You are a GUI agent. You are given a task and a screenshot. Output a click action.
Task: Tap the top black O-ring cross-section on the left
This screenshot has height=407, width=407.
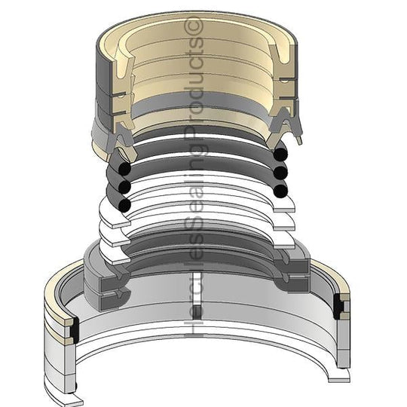click(125, 169)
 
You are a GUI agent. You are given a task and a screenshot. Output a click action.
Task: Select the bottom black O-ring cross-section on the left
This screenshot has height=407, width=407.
click(124, 205)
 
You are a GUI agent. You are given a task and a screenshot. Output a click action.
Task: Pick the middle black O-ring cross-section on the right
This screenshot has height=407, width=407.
click(280, 173)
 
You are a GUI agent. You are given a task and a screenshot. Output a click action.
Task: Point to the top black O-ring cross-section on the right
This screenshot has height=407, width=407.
click(280, 155)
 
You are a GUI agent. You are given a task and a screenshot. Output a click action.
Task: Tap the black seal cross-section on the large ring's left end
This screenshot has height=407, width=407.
click(75, 329)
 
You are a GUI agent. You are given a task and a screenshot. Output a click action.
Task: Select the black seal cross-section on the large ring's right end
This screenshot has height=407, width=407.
click(338, 307)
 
